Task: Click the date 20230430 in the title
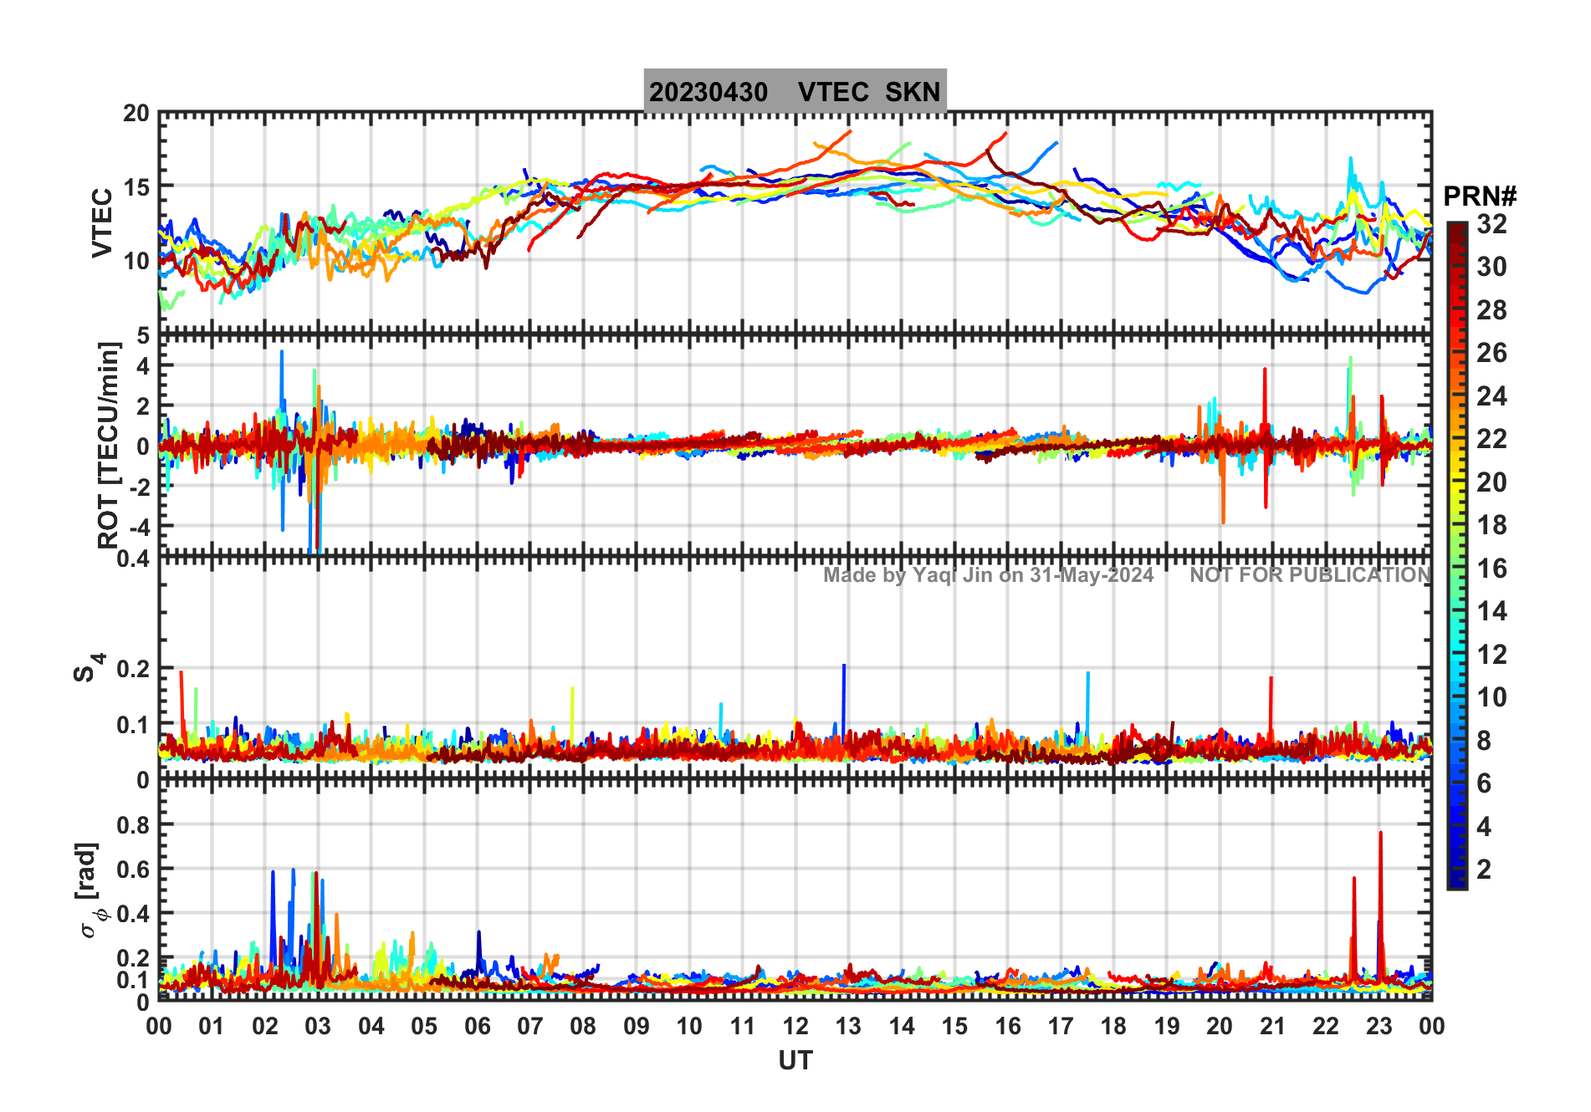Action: click(x=708, y=92)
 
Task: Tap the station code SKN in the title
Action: click(x=913, y=92)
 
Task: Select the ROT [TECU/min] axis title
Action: click(x=108, y=445)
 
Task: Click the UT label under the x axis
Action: click(x=795, y=1060)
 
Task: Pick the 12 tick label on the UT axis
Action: click(x=795, y=1026)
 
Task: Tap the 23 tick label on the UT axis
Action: click(x=1379, y=1026)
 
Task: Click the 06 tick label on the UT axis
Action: click(x=477, y=1026)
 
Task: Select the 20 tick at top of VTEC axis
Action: click(x=136, y=114)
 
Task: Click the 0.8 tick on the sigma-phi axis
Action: click(x=133, y=824)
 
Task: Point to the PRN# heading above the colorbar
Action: click(x=1480, y=196)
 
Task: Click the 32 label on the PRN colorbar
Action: click(x=1491, y=223)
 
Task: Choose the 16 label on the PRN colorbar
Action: click(x=1491, y=569)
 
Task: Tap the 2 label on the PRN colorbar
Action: click(x=1484, y=870)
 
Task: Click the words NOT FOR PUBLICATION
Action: click(x=1310, y=575)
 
